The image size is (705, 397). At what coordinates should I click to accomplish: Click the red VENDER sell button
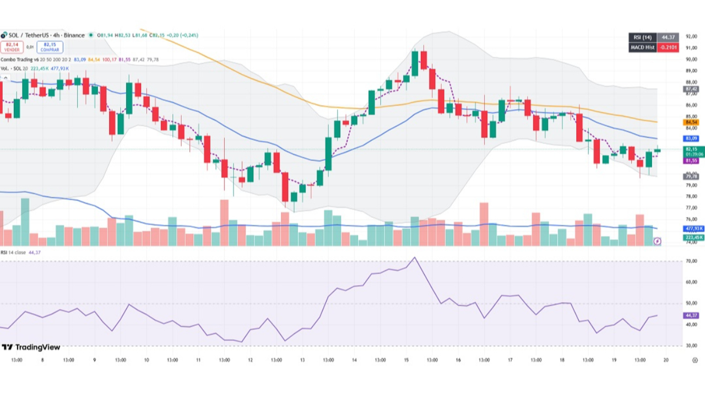[12, 47]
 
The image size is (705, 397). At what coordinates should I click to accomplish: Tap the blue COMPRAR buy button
[50, 47]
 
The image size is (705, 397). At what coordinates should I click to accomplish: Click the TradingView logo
[31, 347]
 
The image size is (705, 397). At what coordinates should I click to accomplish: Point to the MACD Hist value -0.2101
[668, 47]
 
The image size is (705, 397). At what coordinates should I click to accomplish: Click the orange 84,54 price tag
[691, 122]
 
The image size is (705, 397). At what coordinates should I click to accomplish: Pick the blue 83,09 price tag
[691, 138]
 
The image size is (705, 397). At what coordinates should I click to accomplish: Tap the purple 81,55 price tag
[691, 160]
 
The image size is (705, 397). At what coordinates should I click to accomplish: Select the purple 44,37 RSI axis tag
[691, 315]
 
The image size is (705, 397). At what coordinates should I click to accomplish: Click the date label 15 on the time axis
[406, 360]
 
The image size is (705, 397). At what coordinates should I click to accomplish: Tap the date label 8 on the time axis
[42, 360]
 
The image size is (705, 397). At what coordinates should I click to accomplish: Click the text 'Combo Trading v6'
[19, 60]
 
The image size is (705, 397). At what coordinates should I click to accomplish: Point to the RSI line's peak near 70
[415, 257]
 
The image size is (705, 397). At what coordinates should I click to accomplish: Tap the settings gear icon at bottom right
[695, 360]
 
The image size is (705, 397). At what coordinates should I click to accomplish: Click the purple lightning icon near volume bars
[657, 242]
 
